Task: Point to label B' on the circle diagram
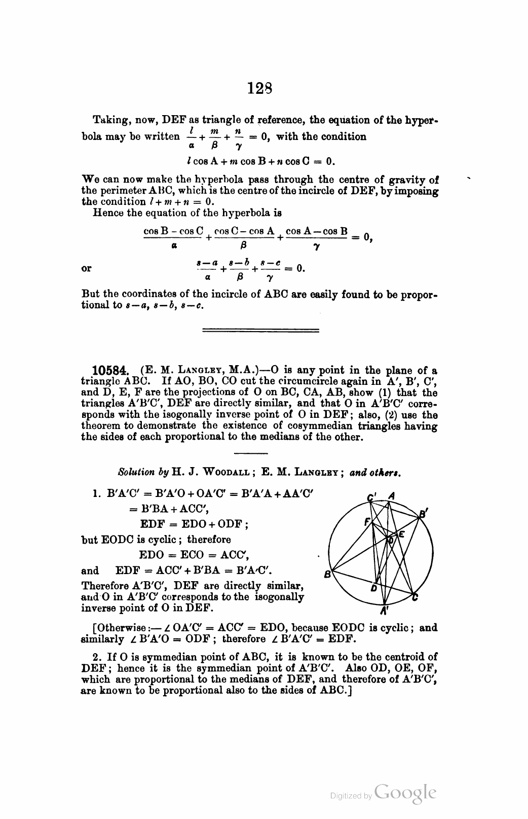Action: click(422, 514)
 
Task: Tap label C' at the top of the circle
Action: click(373, 496)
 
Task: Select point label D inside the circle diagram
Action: click(373, 588)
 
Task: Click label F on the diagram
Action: click(367, 521)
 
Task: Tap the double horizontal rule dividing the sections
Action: click(260, 331)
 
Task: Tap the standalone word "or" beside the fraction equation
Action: click(87, 268)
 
